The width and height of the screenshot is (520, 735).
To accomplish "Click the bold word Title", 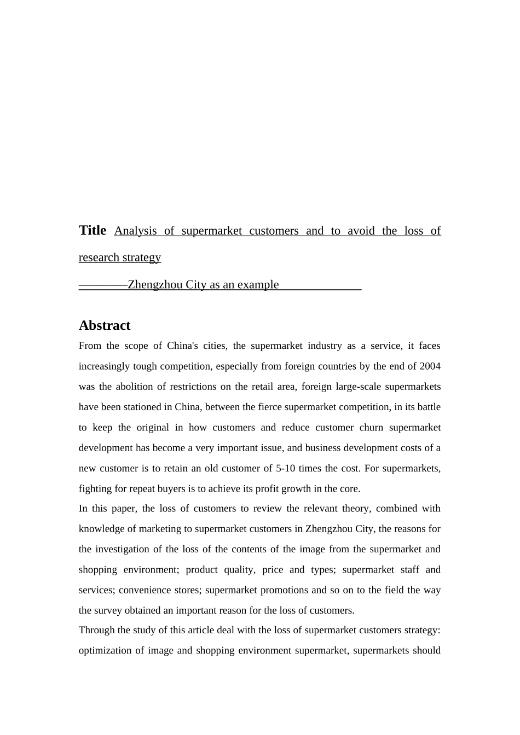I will pyautogui.click(x=93, y=230).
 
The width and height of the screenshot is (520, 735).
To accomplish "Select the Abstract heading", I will pyautogui.click(x=105, y=325).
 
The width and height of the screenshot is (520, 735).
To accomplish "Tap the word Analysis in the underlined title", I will pyautogui.click(x=136, y=231).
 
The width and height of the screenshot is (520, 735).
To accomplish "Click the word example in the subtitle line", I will pyautogui.click(x=258, y=284).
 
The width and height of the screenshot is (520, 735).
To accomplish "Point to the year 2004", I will pyautogui.click(x=430, y=366).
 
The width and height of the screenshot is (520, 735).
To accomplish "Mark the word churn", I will pyautogui.click(x=371, y=427).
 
